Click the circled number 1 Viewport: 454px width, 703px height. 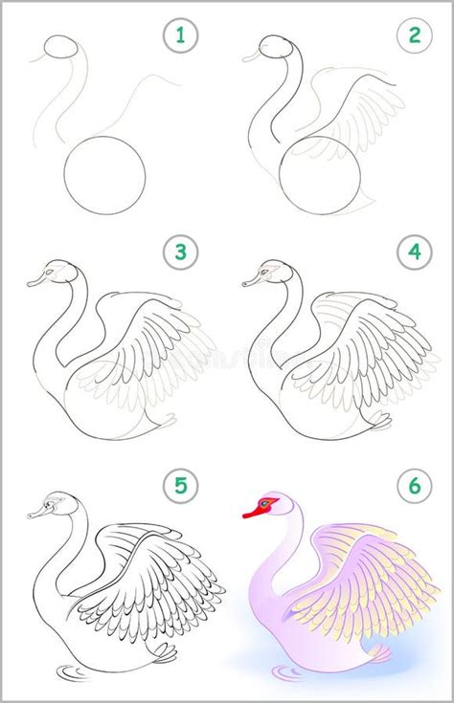pyautogui.click(x=178, y=37)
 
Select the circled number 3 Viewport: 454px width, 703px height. pyautogui.click(x=178, y=254)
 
